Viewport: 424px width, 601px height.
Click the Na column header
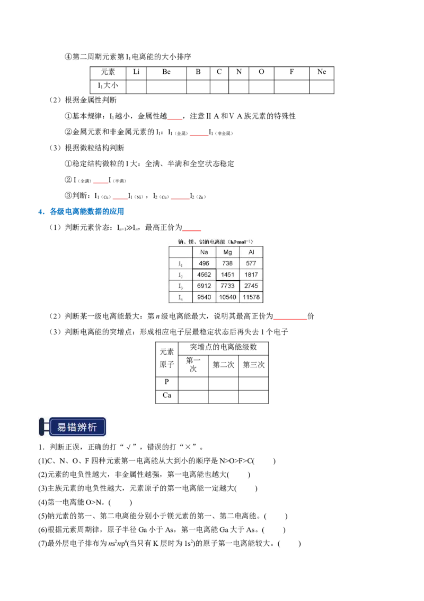pos(204,252)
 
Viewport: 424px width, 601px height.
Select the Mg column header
pos(228,252)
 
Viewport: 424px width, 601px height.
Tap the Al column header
pos(251,252)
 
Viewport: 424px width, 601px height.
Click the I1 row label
pos(180,264)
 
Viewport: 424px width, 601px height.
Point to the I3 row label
pos(180,286)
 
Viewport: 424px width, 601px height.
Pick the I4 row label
pos(180,297)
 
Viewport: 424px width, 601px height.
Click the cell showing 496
pos(204,264)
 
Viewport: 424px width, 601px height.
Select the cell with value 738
pos(228,264)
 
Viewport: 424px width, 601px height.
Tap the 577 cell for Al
pos(251,264)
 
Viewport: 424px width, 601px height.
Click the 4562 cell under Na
pos(204,275)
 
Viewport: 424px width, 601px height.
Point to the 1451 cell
pos(228,275)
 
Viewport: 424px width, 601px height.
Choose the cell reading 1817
pos(251,275)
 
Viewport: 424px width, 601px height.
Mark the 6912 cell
pos(204,286)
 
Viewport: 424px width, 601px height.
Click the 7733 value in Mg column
pos(228,286)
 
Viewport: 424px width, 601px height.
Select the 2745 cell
pos(251,286)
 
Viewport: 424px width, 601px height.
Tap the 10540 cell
pos(228,297)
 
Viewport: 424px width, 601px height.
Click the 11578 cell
pos(251,297)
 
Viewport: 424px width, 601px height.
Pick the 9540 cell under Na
pos(204,297)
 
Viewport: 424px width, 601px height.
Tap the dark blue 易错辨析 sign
pos(77,427)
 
